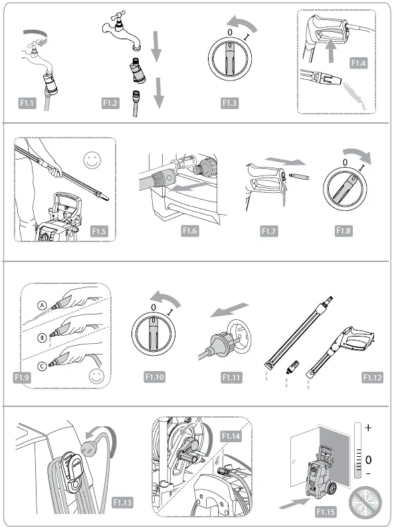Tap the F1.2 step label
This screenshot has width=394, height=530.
point(110,103)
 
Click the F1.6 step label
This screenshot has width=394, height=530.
point(192,231)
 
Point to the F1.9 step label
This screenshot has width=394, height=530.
point(23,377)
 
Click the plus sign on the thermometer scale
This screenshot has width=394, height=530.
point(368,427)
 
